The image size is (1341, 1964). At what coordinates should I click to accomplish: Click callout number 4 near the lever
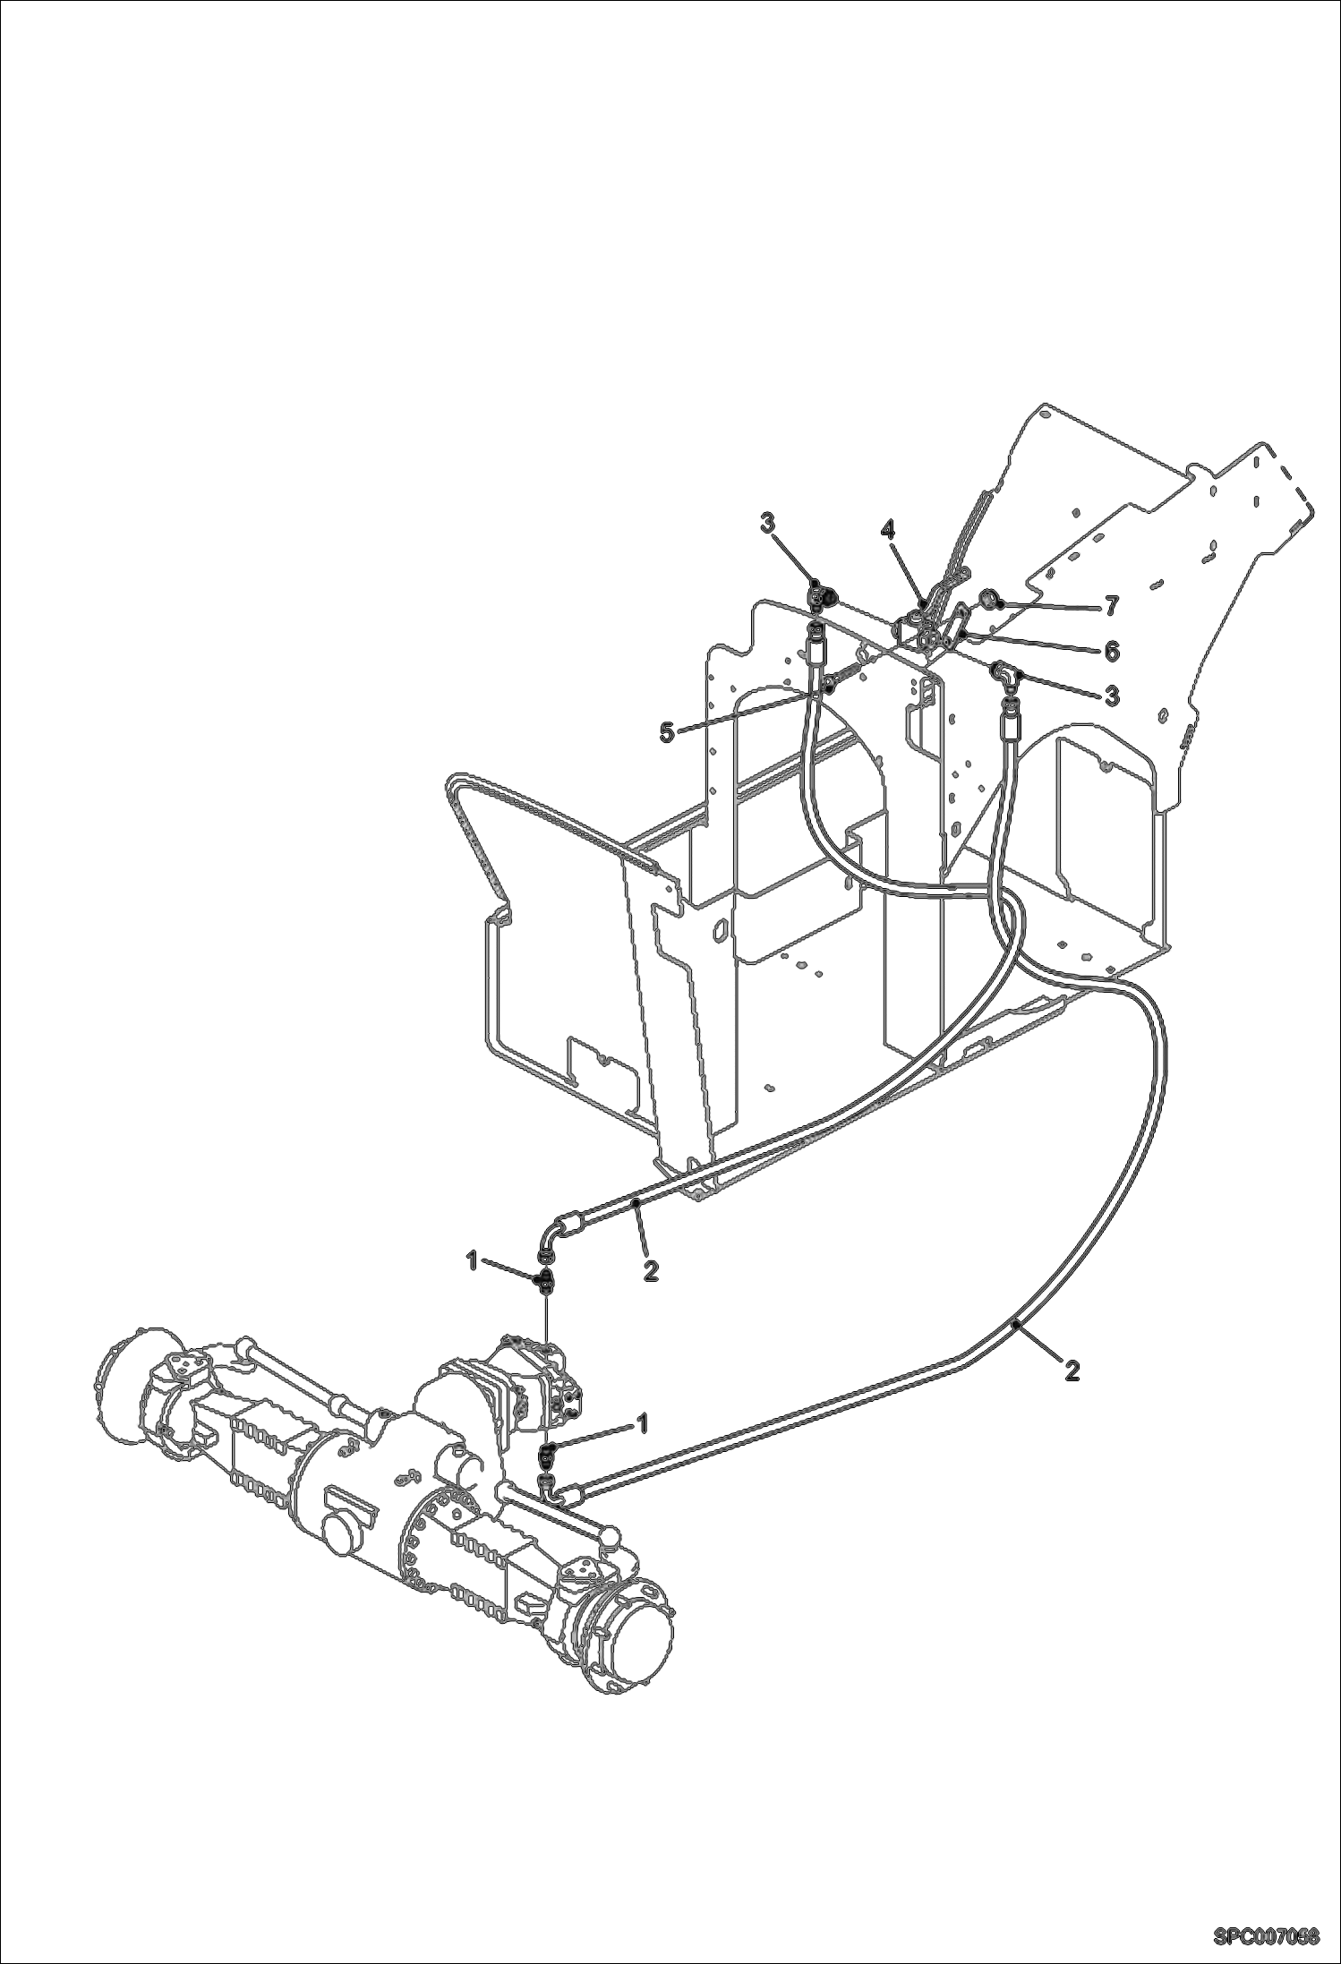(887, 530)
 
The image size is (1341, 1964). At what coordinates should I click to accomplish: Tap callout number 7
(1111, 607)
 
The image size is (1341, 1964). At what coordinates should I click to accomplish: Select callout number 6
(1111, 651)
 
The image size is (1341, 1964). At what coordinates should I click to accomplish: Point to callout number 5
(666, 731)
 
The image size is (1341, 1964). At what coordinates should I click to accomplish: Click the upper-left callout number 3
(768, 524)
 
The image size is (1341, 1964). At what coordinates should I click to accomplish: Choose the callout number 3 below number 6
(1111, 695)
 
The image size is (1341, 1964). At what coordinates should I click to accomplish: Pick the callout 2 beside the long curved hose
(1072, 1370)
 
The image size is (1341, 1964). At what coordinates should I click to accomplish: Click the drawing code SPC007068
(1267, 1932)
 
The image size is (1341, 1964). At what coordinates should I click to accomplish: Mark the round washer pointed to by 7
(991, 599)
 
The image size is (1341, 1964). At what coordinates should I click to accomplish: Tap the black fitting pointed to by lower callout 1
(549, 1451)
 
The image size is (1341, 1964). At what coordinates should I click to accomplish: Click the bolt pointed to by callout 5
(833, 685)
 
